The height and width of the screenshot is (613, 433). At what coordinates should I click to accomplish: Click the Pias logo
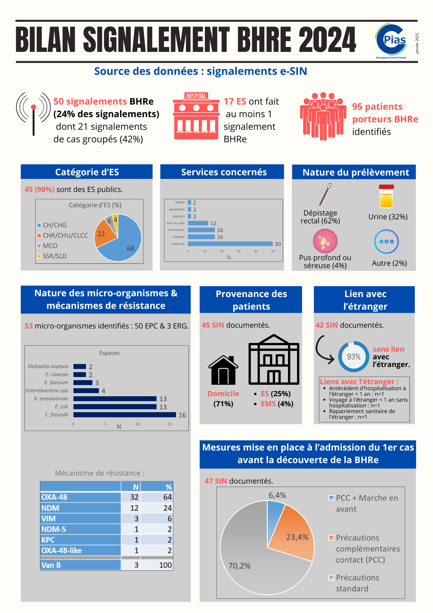click(x=392, y=40)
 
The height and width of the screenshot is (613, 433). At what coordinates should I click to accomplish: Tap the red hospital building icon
click(x=196, y=116)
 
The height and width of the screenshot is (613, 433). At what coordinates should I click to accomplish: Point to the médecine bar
click(x=230, y=244)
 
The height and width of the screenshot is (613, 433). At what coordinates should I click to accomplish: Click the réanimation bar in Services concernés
click(x=201, y=230)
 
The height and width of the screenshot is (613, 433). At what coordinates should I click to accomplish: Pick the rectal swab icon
click(x=325, y=194)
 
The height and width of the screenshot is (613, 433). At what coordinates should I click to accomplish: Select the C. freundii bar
click(x=124, y=415)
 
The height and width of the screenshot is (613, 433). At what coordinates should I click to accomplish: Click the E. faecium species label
click(x=56, y=383)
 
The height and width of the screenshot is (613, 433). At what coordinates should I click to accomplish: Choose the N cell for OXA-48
click(x=131, y=497)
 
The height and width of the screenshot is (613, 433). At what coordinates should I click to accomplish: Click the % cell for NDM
click(x=157, y=508)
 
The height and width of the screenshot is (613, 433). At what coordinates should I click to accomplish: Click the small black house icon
click(x=223, y=370)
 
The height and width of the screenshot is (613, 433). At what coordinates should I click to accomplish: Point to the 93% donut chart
click(x=354, y=357)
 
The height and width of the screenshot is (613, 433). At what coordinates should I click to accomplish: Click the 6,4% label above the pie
click(x=277, y=495)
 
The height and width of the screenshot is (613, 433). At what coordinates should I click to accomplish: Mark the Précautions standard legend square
click(x=332, y=578)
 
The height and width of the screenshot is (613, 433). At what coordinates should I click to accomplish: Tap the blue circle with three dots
click(x=386, y=241)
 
